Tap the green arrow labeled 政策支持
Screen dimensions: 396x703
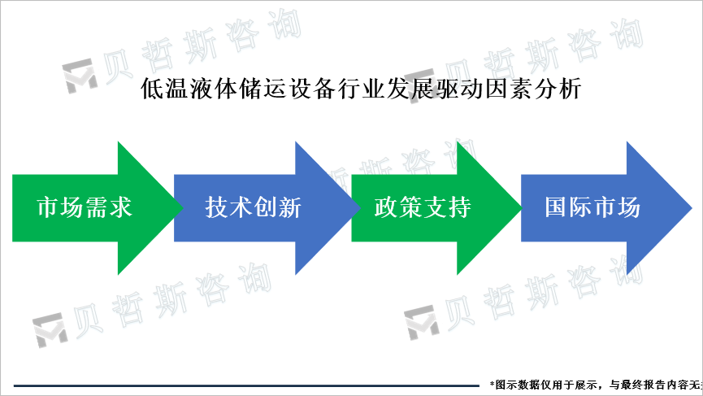tap(423, 208)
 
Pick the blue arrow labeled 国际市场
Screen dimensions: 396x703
tap(592, 208)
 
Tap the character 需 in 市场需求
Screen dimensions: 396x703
tap(98, 208)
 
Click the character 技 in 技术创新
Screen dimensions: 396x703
tap(217, 208)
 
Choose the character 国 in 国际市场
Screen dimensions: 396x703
tap(556, 208)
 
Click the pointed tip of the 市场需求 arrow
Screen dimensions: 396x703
tap(180, 208)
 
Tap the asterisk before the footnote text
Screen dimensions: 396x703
tap(493, 383)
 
